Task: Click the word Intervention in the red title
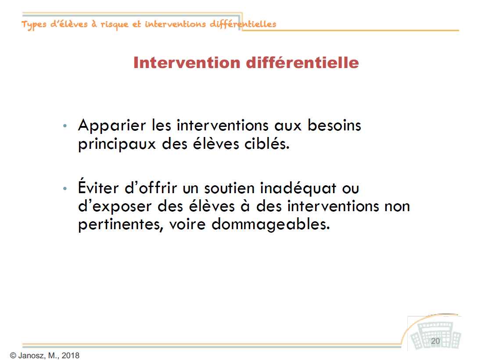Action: [187, 63]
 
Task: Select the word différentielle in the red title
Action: [302, 63]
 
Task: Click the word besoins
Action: [334, 125]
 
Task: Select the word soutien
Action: [230, 188]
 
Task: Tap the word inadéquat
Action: [298, 189]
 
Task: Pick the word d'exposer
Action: [115, 207]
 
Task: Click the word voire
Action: [187, 224]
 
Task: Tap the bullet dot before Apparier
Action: [65, 126]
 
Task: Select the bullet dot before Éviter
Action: [65, 188]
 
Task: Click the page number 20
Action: [435, 341]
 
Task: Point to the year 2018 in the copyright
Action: [71, 356]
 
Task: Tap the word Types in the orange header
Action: [34, 25]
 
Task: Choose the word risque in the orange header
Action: [115, 25]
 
